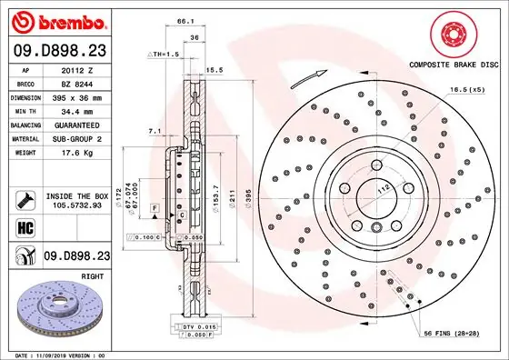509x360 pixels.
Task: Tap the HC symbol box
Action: [25, 227]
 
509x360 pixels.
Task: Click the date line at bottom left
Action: [56, 353]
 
